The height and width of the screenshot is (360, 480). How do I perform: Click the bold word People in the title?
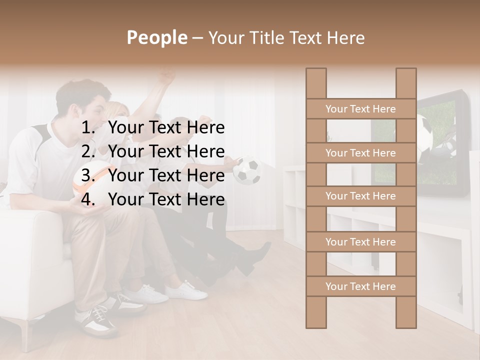(156, 37)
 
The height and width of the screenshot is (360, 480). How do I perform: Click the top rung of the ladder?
(360, 109)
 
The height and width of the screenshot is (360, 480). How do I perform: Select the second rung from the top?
(360, 153)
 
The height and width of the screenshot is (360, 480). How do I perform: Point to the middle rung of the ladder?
(360, 196)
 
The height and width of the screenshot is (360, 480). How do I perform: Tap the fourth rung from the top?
(360, 242)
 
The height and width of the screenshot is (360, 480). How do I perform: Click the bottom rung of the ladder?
(360, 286)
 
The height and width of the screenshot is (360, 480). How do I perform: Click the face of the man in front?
(95, 110)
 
